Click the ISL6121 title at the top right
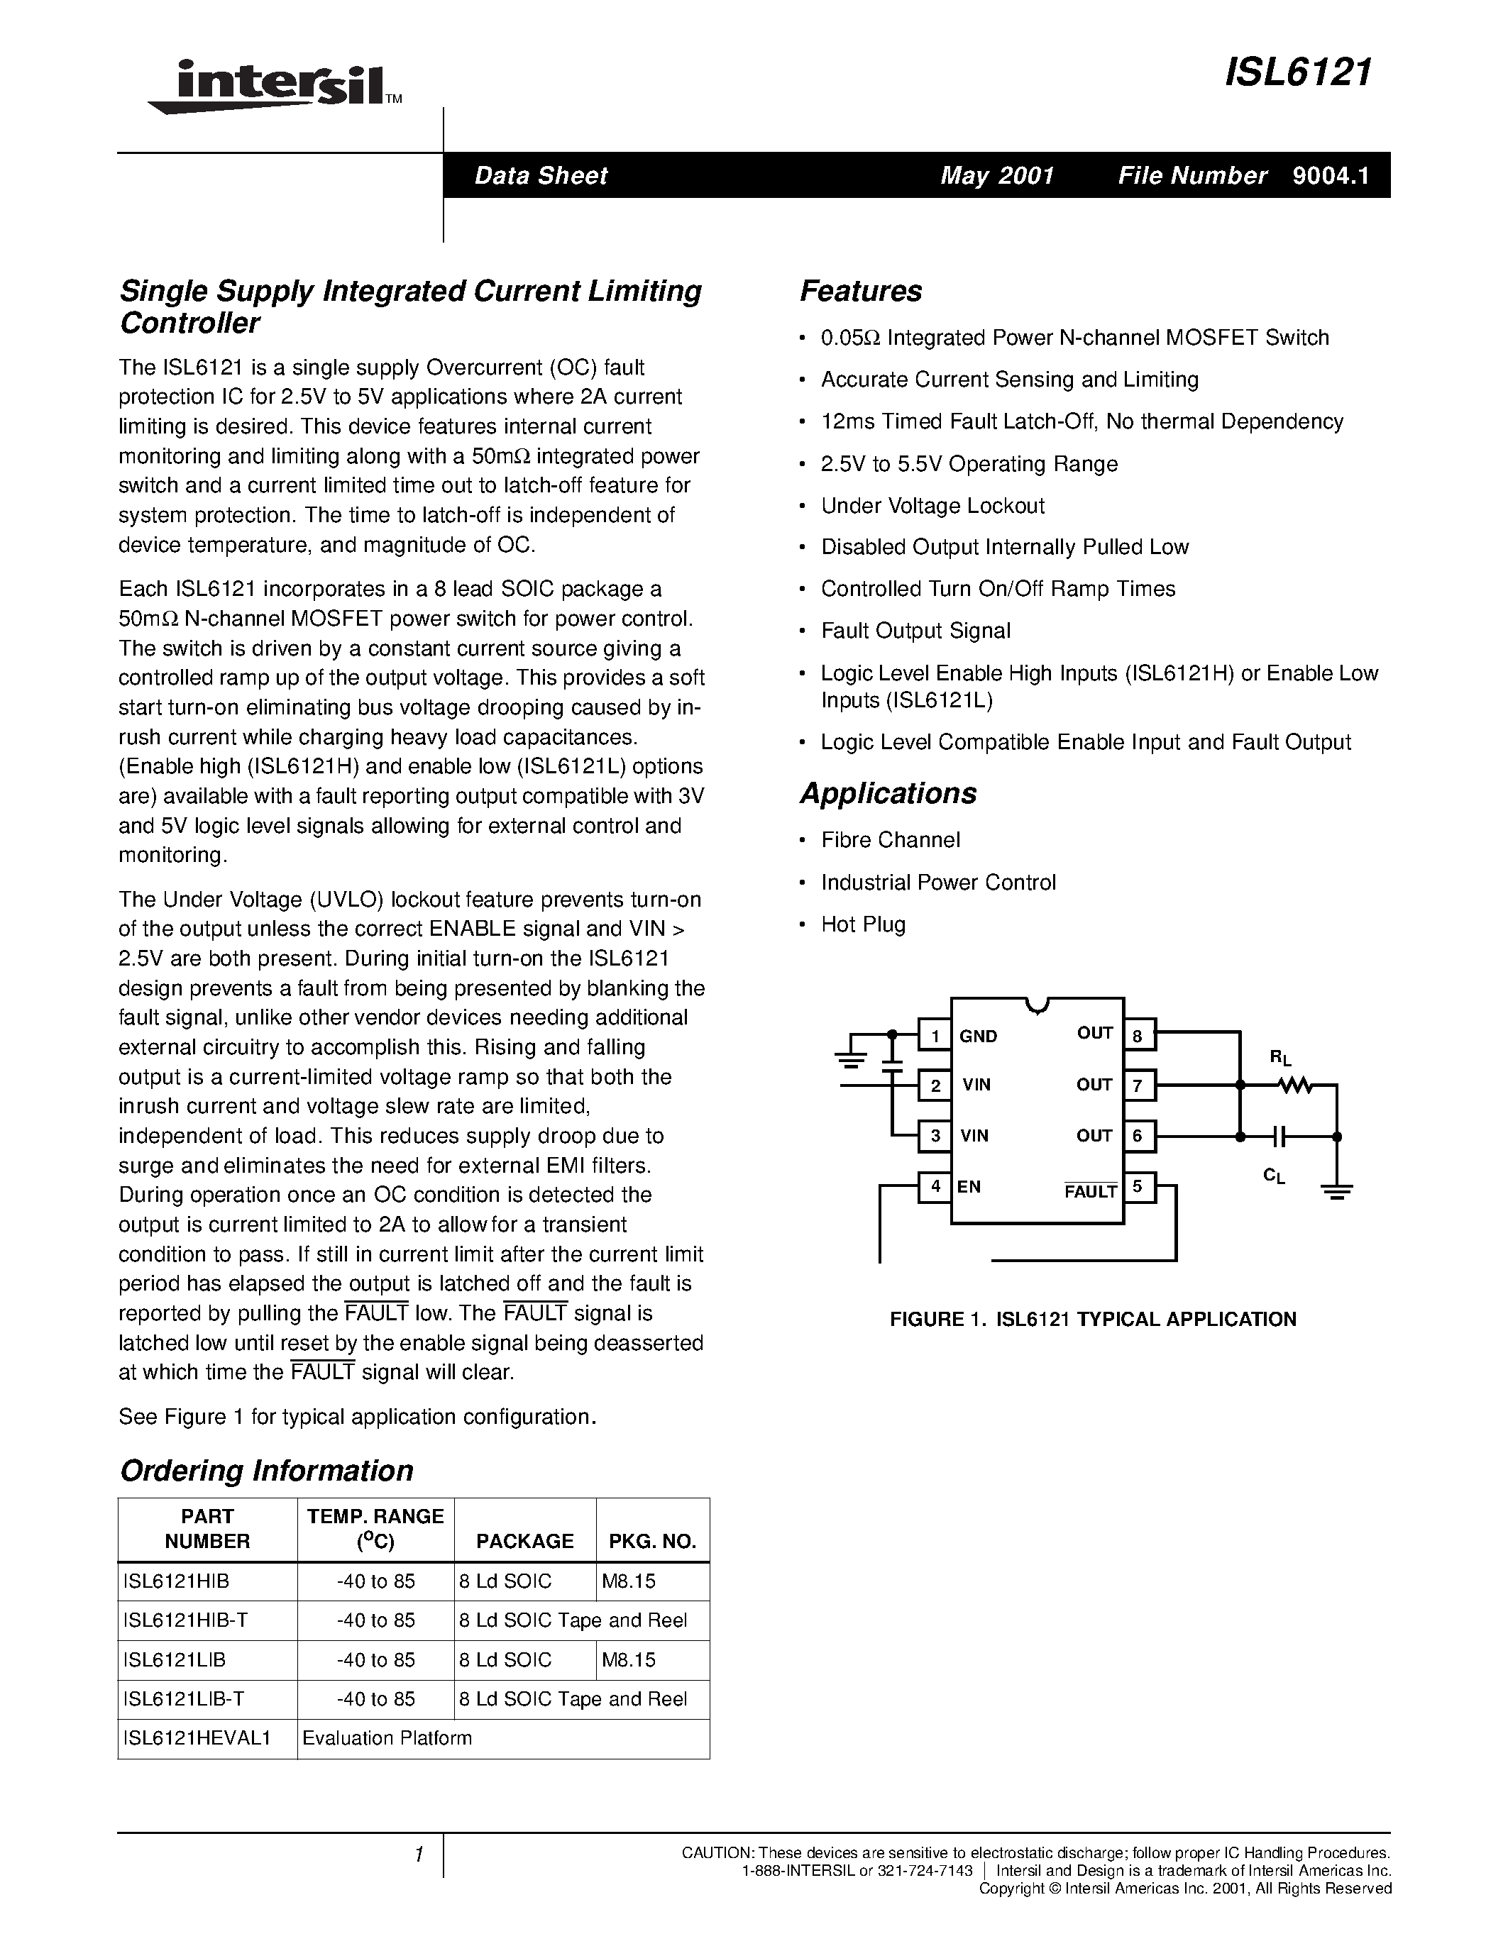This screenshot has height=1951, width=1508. click(1297, 72)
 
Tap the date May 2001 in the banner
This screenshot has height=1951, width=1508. click(997, 175)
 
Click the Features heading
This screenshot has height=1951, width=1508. click(860, 291)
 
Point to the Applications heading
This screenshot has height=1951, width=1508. click(888, 793)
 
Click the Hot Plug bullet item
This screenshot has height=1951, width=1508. click(863, 924)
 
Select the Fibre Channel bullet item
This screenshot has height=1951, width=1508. click(890, 840)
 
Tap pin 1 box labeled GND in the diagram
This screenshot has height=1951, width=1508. click(935, 1035)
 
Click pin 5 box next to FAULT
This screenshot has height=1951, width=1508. click(1138, 1187)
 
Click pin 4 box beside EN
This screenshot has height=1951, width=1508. click(935, 1187)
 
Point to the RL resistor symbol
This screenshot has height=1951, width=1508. click(1294, 1085)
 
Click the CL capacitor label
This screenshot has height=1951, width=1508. click(1274, 1176)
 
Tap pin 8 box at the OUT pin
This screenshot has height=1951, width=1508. click(1138, 1035)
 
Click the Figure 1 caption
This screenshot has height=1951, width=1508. click(1093, 1320)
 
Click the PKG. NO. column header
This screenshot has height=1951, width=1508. click(652, 1541)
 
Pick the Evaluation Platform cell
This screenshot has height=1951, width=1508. click(387, 1738)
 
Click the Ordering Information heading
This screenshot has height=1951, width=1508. click(266, 1471)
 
